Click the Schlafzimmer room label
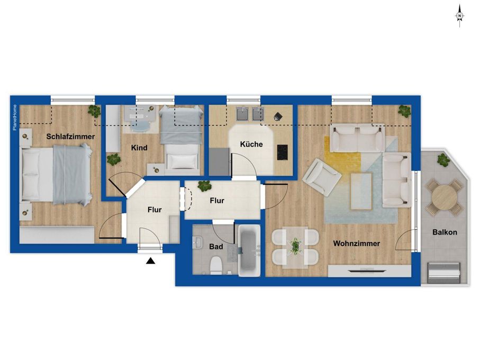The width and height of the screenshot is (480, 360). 70,137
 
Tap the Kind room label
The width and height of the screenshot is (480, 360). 139,148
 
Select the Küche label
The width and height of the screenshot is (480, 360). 251,144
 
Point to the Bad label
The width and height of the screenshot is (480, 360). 216,247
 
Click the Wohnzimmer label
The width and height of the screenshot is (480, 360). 357,244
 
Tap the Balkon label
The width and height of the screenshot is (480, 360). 445,232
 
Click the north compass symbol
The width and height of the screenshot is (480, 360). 459,16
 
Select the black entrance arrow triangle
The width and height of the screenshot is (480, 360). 150,261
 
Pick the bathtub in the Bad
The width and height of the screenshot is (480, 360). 249,250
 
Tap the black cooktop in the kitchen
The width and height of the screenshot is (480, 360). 282,152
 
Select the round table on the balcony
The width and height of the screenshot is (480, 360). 443,197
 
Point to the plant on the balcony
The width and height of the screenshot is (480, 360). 443,160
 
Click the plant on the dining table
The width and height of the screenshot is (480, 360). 295,246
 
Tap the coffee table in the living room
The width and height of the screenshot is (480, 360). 361,191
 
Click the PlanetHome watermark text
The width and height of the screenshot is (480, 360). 15,118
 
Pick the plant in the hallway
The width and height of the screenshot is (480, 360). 204,186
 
